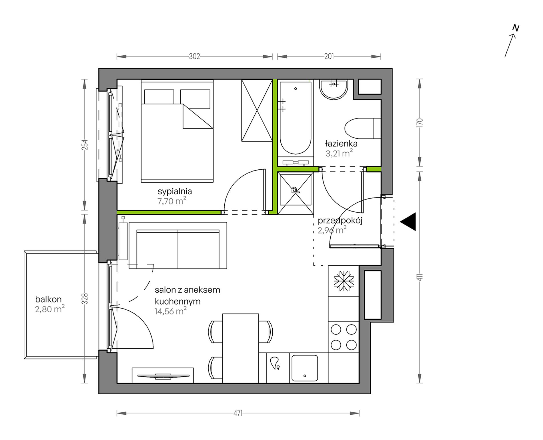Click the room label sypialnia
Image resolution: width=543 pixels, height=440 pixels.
coord(175,192)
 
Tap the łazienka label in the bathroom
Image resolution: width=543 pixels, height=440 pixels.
coord(341,143)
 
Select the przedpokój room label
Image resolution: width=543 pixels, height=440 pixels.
coord(340,221)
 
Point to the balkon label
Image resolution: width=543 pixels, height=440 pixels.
coord(48,299)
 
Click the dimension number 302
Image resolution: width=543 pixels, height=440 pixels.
coord(194,57)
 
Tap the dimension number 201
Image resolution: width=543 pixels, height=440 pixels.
coord(329,57)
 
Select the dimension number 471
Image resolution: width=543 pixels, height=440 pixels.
coord(238,413)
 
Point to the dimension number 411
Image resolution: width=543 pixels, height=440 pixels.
coord(420,277)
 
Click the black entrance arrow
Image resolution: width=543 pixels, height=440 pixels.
coord(408,221)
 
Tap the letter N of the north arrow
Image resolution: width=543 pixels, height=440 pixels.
coord(516,28)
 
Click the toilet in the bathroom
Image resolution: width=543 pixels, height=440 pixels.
coord(363,128)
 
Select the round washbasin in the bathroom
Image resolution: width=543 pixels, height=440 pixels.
coord(334,89)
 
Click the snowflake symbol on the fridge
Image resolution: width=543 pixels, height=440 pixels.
coord(344,281)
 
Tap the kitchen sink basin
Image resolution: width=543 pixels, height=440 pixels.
coord(305,368)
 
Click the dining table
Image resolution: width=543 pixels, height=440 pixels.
coord(241,348)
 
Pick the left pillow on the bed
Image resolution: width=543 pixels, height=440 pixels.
coord(159,97)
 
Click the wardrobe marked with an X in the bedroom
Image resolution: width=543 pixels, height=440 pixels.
coord(257,110)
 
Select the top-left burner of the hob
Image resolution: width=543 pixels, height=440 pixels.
coord(336,330)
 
